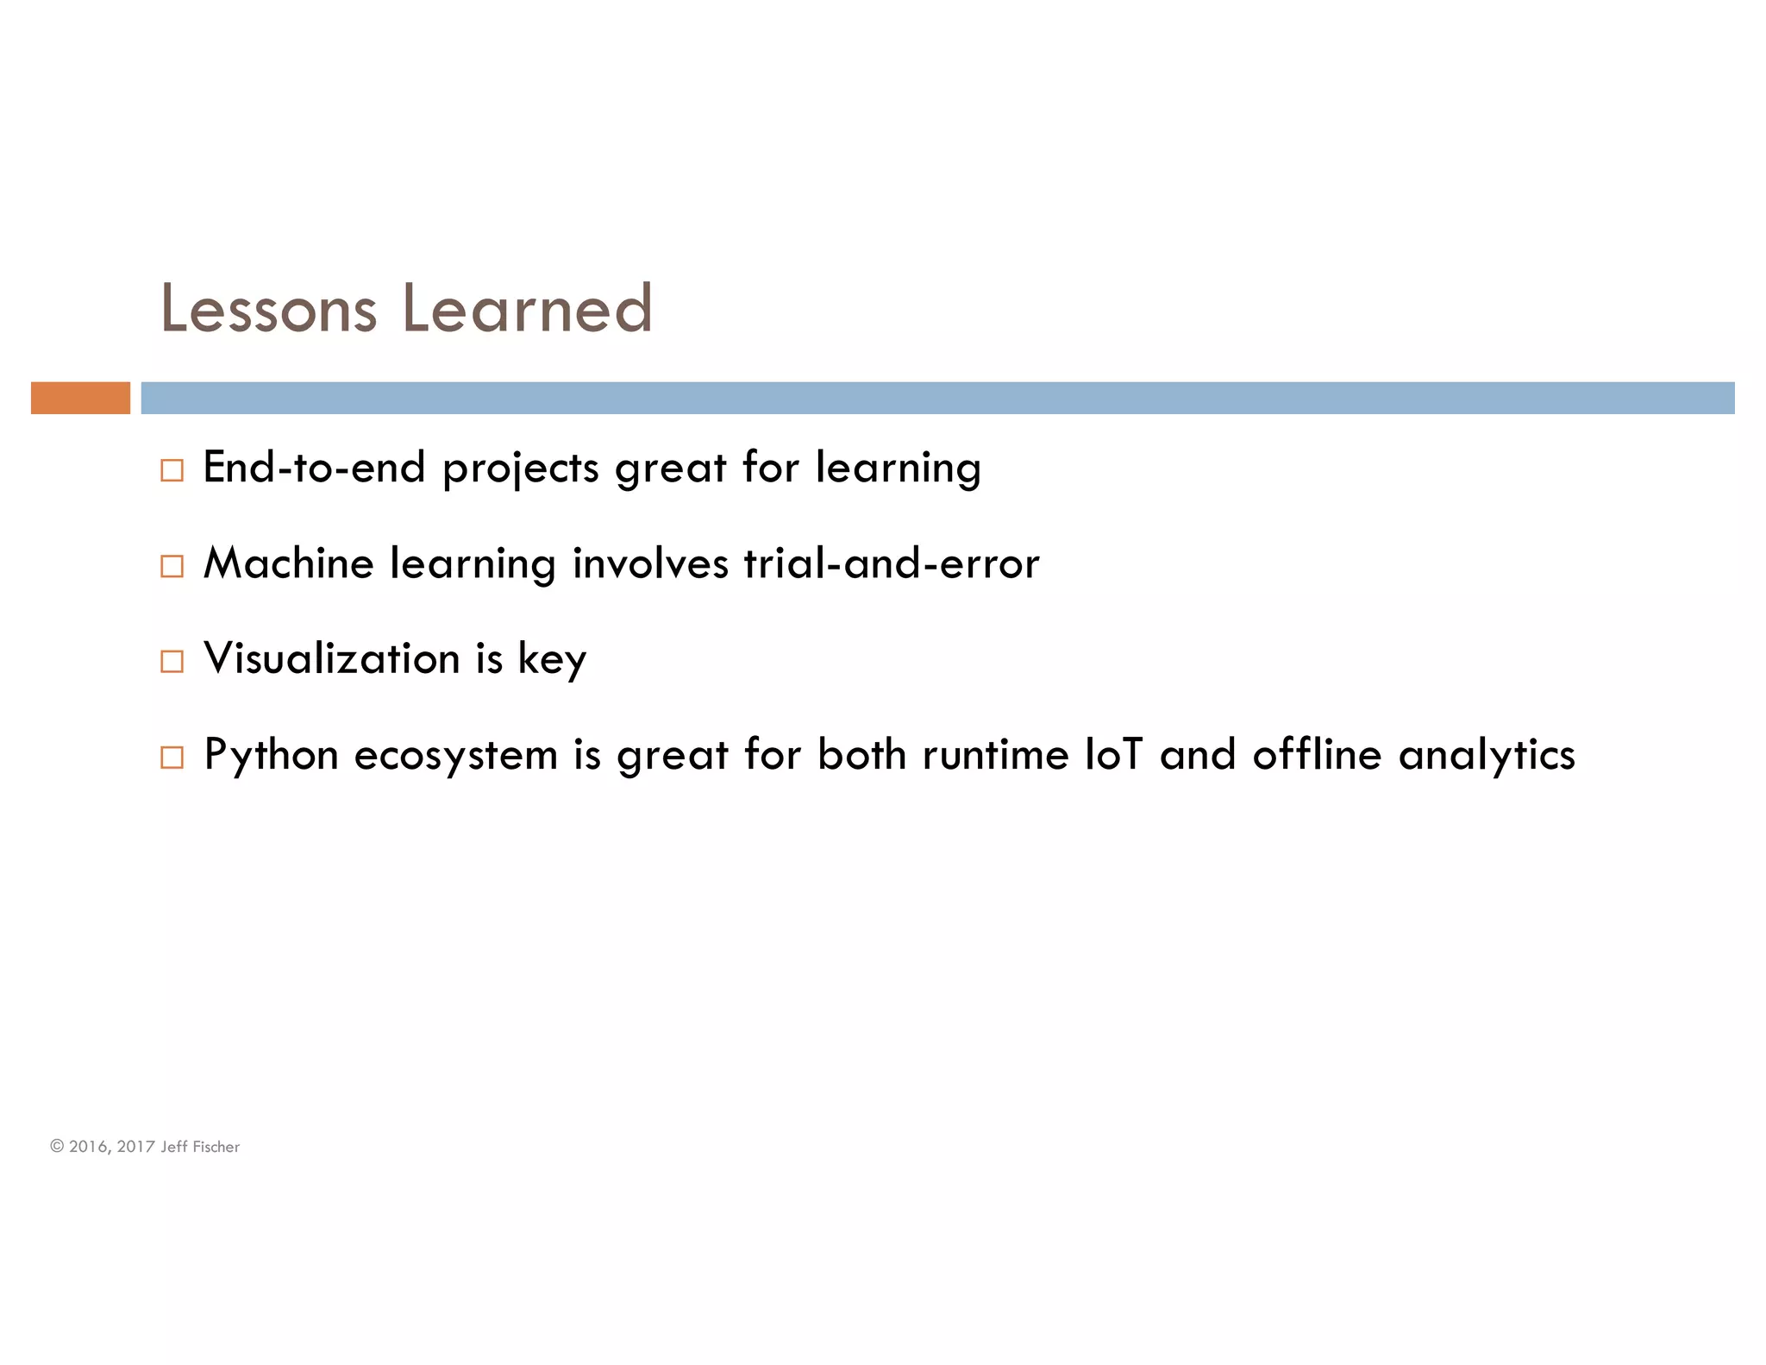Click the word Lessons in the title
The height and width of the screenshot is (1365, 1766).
[268, 309]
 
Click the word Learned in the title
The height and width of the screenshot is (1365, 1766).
[527, 309]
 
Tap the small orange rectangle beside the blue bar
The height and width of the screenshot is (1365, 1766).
[80, 398]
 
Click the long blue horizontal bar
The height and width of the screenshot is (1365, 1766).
[937, 398]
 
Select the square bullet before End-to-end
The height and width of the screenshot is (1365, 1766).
[172, 470]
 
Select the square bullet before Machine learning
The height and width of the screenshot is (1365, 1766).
[172, 566]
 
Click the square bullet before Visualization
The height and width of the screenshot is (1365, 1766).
[172, 662]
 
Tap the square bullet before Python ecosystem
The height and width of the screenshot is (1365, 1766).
[172, 758]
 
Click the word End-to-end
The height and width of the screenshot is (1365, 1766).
[315, 468]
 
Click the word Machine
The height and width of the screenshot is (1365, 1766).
[288, 563]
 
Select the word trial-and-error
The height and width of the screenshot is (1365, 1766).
[892, 563]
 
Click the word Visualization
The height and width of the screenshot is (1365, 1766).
[332, 659]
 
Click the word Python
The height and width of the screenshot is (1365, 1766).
[271, 756]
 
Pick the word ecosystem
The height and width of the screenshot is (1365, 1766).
[456, 756]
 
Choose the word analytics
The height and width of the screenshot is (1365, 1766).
[1487, 756]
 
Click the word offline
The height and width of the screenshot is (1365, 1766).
[1317, 754]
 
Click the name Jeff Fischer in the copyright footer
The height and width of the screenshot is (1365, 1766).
[200, 1147]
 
